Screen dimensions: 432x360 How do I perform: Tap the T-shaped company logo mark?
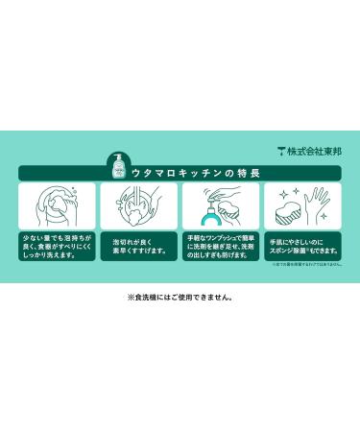[x=282, y=150]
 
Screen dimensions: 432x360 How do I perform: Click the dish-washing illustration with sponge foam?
[x=57, y=205]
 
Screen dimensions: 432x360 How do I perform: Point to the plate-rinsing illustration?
[x=139, y=205]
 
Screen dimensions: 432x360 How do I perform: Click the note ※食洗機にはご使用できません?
[x=180, y=298]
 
